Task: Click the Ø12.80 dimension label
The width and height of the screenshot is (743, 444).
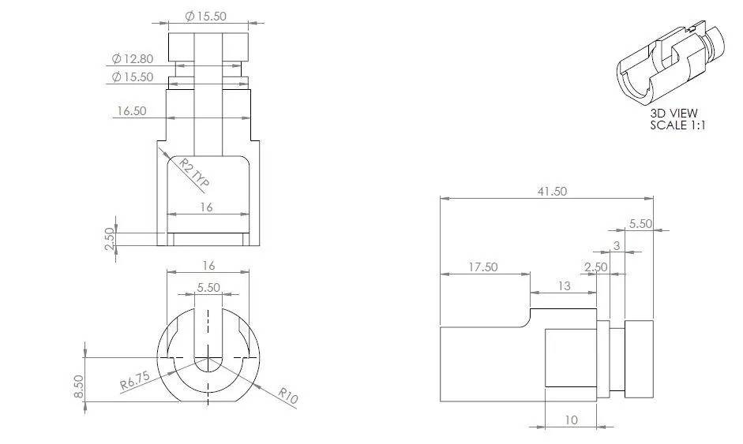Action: [133, 58]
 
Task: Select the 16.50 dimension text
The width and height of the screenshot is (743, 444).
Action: [132, 111]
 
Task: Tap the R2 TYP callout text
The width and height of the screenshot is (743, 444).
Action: [193, 172]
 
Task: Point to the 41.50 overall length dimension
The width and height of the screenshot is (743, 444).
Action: [552, 192]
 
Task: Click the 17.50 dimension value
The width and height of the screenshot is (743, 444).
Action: [483, 267]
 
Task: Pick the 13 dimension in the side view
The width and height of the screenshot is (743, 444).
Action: [564, 286]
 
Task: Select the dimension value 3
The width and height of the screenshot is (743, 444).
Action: [617, 246]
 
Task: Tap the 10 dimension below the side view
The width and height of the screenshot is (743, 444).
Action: [571, 420]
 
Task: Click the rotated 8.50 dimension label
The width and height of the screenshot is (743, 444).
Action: [79, 386]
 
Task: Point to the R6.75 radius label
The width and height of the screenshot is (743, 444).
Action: [134, 381]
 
